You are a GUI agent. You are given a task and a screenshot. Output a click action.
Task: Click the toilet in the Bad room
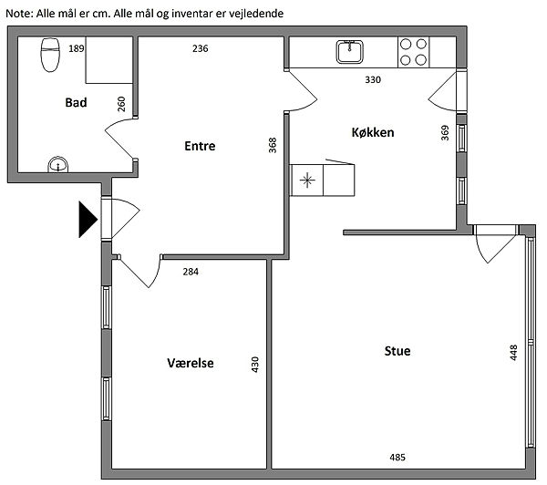click(50, 55)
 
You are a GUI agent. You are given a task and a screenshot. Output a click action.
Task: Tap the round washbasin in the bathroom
click(58, 164)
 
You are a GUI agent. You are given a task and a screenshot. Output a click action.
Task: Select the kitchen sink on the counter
click(349, 52)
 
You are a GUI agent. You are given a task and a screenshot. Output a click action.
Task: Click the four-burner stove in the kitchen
click(413, 52)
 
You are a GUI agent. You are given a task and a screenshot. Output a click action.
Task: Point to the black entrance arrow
click(88, 220)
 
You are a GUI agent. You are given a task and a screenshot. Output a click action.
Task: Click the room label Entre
click(200, 146)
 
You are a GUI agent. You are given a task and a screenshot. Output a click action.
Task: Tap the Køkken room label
click(373, 132)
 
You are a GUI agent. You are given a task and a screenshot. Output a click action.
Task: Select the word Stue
click(397, 351)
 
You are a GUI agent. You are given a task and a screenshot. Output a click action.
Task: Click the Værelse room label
click(191, 363)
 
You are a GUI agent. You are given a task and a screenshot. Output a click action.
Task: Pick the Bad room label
click(76, 103)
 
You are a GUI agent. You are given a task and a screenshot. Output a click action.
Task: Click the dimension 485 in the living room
click(397, 457)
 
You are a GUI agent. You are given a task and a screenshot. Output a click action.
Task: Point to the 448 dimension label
click(513, 353)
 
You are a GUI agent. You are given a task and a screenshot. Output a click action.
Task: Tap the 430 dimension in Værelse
click(255, 365)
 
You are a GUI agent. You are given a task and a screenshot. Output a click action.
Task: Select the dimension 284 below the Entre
click(191, 272)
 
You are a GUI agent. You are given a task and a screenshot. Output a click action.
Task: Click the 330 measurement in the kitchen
click(373, 79)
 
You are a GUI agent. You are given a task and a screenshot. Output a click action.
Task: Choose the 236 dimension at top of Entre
click(201, 48)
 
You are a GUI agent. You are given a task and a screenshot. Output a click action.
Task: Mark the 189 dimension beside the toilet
click(77, 48)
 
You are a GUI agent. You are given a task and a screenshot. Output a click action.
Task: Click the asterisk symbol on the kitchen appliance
click(307, 181)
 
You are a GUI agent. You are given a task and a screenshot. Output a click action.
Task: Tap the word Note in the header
click(19, 14)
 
